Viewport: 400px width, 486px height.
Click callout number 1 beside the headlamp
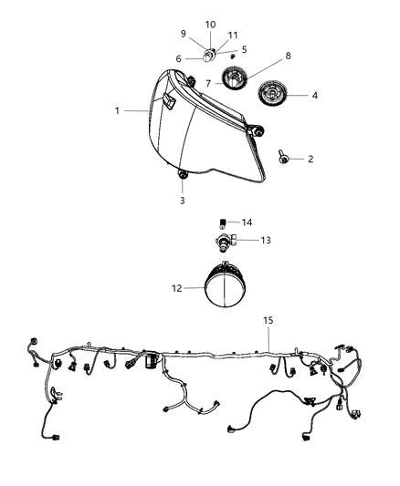118,110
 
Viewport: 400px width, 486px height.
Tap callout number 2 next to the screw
311,159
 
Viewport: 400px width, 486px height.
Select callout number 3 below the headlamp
182,200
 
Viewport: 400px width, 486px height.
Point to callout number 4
315,94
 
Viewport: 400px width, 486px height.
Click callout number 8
289,56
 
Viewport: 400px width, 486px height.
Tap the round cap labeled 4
274,94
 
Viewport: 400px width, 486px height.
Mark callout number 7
208,84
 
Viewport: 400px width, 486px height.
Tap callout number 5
243,48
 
